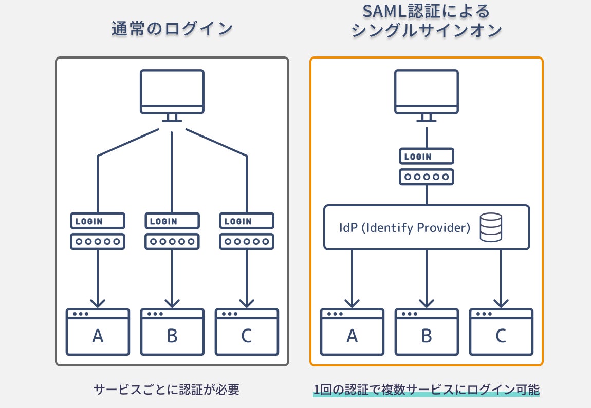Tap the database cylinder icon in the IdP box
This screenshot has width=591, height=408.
pos(490,228)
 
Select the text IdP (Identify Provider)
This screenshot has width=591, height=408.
pos(405,228)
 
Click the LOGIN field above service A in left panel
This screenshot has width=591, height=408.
pos(98,221)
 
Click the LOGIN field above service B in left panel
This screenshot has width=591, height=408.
pos(172,221)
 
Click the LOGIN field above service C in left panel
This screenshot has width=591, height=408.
pos(247,221)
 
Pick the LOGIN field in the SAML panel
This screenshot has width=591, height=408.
pos(427,157)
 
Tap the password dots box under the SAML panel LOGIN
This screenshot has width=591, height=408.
pos(427,177)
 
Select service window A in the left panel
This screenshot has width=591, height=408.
pos(98,332)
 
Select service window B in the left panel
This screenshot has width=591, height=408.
pos(172,332)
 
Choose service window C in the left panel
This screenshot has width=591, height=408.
pos(247,332)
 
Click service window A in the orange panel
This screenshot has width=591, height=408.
pos(352,332)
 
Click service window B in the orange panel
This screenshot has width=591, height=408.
pos(427,332)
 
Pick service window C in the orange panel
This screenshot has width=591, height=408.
pos(501,332)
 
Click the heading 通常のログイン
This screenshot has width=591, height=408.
pos(172,28)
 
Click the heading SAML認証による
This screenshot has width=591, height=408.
pos(427,11)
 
